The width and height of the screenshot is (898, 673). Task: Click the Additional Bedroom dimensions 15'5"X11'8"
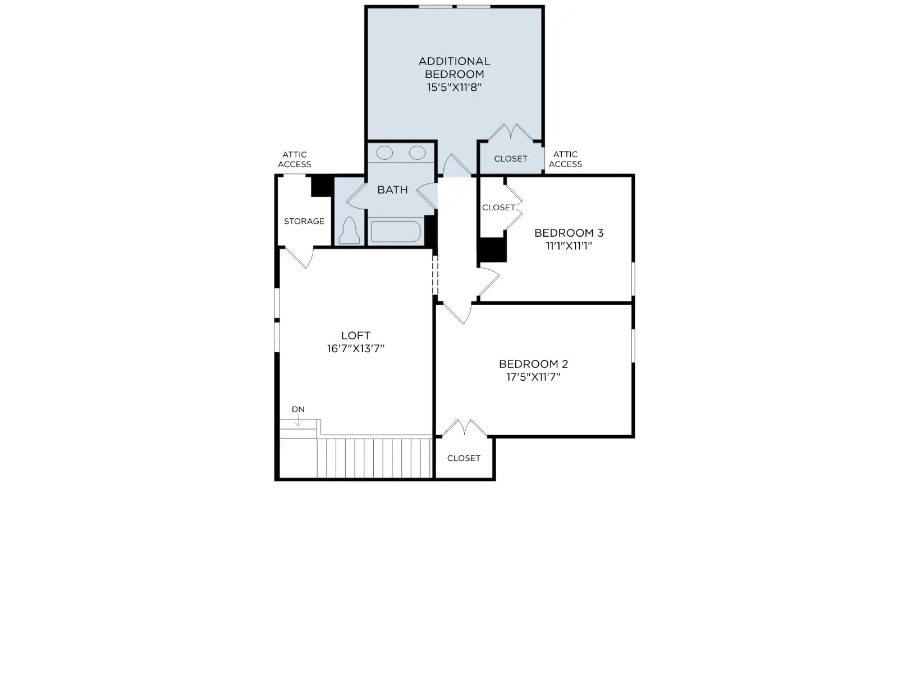[x=453, y=87]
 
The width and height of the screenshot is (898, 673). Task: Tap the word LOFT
[x=355, y=335]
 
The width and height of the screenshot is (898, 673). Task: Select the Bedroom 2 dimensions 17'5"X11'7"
[x=533, y=377]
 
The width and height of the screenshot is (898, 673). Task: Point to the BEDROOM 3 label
[x=569, y=233]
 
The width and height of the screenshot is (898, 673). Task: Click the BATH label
[x=392, y=190]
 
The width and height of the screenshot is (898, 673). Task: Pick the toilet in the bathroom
[x=349, y=231]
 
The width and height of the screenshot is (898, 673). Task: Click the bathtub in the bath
[x=396, y=232]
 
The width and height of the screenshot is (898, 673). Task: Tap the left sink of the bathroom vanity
[x=384, y=153]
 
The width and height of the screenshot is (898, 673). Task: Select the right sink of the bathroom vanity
[x=418, y=153]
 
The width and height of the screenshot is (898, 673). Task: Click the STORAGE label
[x=304, y=222]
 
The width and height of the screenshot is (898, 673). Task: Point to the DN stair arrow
[x=298, y=421]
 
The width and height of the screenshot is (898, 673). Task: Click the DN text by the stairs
[x=298, y=409]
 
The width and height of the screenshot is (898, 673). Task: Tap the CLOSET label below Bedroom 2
[x=464, y=458]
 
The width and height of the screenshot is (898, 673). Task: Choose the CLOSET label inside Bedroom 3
[x=498, y=208]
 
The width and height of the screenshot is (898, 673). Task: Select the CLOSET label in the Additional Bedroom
[x=511, y=159]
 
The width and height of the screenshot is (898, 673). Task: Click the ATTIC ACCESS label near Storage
[x=295, y=159]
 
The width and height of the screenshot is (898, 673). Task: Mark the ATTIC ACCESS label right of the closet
[x=565, y=159]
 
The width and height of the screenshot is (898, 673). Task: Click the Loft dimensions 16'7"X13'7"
[x=355, y=348]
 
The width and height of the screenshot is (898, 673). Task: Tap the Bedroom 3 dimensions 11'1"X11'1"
[x=569, y=246]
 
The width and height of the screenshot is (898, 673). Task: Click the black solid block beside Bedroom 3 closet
[x=493, y=250]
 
